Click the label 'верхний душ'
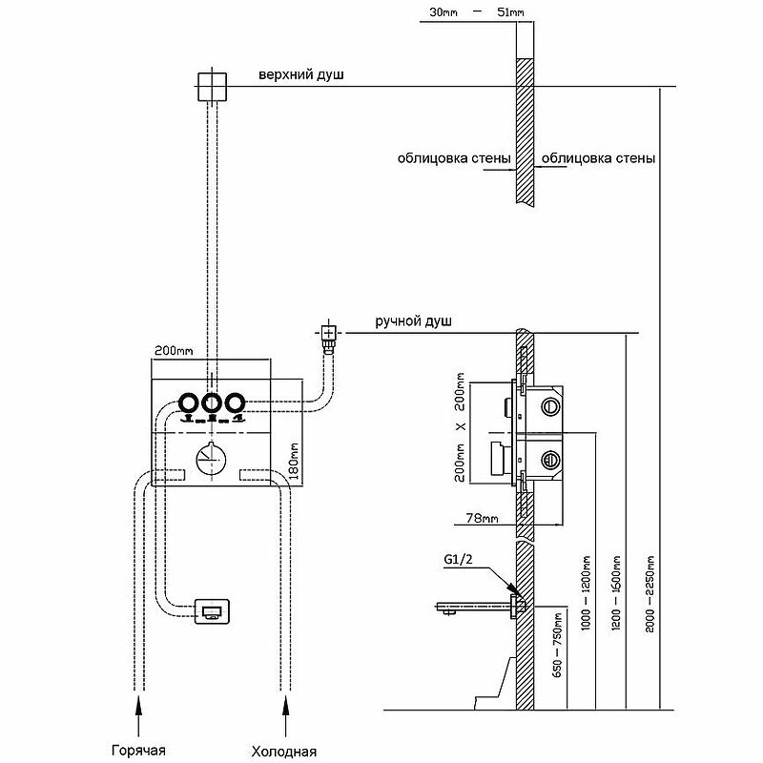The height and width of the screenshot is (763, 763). (x=301, y=74)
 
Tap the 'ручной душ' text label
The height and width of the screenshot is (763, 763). (x=413, y=321)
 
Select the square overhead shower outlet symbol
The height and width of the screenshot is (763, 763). (x=212, y=87)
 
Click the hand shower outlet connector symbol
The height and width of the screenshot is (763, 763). (x=329, y=336)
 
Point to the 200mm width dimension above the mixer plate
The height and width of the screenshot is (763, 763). (x=174, y=350)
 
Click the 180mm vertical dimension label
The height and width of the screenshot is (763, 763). (x=294, y=461)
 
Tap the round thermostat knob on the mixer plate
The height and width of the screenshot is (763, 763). (x=211, y=459)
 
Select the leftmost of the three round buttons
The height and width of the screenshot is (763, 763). (x=188, y=402)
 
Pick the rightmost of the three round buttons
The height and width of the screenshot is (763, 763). (x=235, y=402)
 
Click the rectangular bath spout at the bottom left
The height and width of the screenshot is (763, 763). (x=212, y=611)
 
